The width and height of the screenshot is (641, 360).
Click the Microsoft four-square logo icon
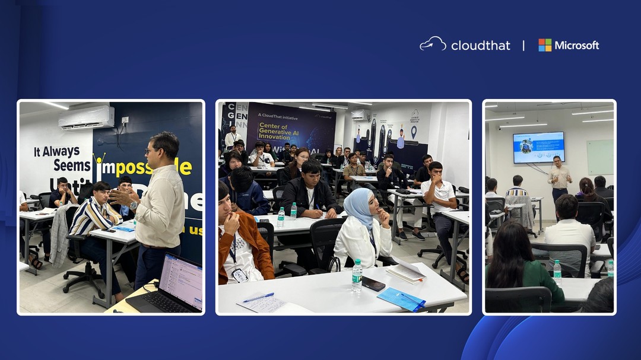tap(545, 45)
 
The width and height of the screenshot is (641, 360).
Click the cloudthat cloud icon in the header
tap(433, 43)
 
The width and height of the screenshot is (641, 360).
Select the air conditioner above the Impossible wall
tap(86, 117)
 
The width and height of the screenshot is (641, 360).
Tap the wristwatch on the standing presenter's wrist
tap(134, 205)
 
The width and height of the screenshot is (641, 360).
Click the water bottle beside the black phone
tap(357, 276)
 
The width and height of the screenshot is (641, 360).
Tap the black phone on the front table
tap(373, 284)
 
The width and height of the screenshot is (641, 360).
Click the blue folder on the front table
tap(402, 298)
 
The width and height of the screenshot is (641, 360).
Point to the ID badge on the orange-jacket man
tap(239, 274)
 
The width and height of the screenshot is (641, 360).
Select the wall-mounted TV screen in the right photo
tap(538, 147)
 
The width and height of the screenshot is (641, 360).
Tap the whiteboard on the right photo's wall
tap(600, 157)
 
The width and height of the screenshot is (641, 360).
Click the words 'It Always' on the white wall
tap(56, 151)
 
